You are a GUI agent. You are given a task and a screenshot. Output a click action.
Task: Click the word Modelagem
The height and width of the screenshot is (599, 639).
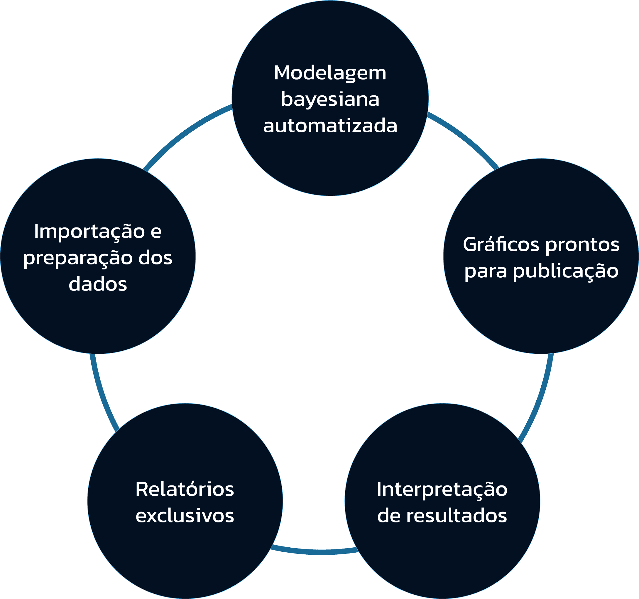tap(330, 73)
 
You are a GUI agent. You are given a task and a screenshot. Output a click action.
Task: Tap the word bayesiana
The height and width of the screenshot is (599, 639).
tap(330, 100)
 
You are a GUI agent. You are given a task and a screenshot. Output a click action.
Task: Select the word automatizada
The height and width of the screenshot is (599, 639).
tap(330, 126)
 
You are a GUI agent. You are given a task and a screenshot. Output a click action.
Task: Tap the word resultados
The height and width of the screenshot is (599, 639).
tap(457, 516)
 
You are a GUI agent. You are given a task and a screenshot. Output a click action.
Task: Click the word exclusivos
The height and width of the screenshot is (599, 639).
tap(185, 516)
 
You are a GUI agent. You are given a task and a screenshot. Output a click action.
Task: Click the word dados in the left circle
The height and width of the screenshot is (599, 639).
tap(98, 284)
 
